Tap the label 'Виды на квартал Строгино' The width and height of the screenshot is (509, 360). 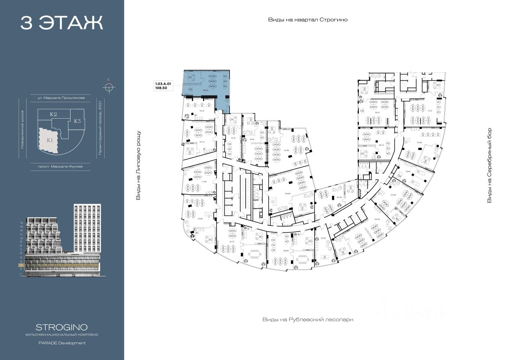point(308,20)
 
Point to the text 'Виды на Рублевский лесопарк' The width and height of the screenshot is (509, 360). point(308,319)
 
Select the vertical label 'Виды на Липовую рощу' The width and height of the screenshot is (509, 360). point(138,165)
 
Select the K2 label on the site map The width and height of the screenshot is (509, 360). point(53,114)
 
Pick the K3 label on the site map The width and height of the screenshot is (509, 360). point(77,121)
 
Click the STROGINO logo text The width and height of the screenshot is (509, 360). point(62,327)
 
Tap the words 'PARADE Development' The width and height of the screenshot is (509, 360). point(62,343)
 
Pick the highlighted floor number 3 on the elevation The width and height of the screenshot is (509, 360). point(21,266)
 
